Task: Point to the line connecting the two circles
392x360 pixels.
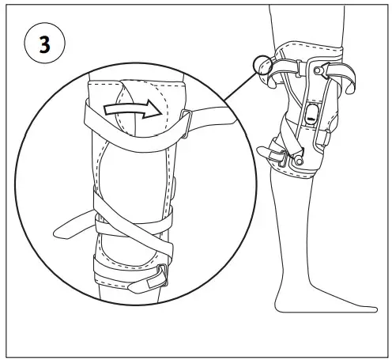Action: point(229,93)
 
